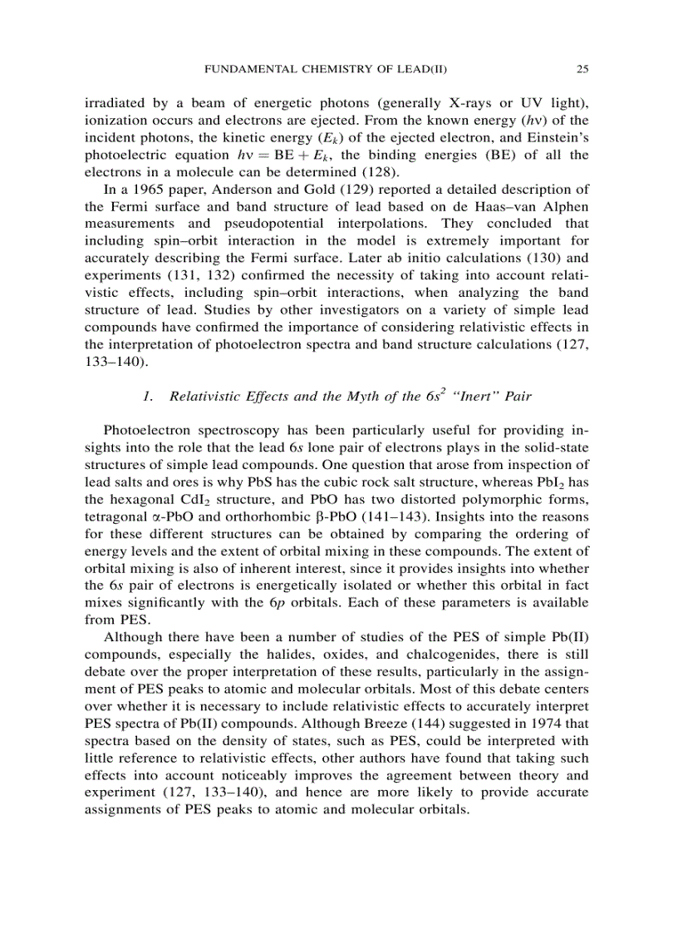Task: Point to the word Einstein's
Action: (553, 137)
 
